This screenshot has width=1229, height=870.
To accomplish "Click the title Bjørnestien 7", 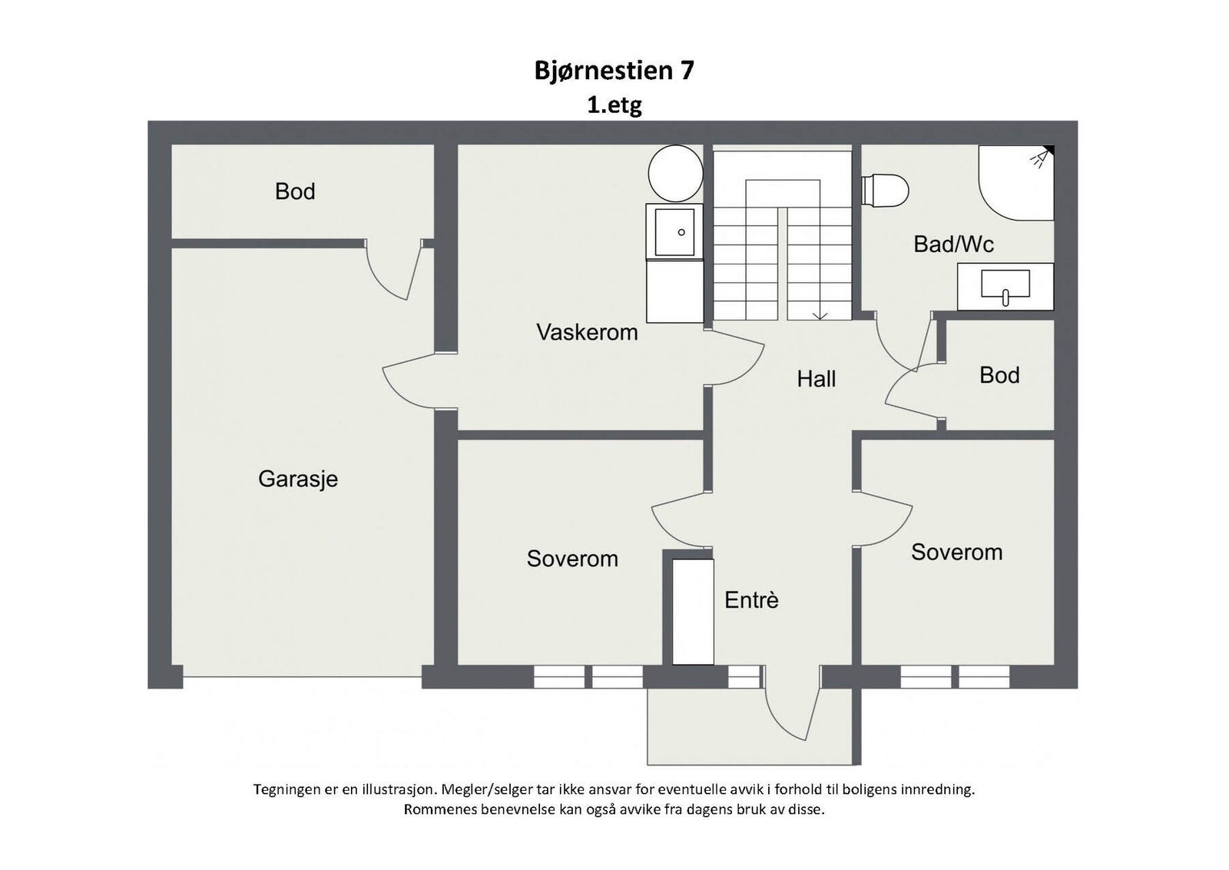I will tap(614, 71).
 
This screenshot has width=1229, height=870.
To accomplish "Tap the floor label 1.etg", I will tap(614, 105).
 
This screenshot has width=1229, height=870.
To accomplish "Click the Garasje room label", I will tap(298, 479).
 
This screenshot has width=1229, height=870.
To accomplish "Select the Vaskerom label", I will tap(587, 332).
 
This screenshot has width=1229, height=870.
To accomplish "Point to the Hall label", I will tap(816, 378).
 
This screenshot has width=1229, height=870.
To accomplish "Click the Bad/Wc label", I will tap(953, 244).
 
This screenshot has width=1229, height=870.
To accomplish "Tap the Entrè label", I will tap(751, 600).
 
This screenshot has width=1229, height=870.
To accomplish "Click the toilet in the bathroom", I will tap(886, 190).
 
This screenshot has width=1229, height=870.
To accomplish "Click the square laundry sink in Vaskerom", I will tap(674, 231).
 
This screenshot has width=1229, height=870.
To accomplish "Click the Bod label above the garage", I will tap(295, 191).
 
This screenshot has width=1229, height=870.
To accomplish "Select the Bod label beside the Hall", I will tap(999, 375).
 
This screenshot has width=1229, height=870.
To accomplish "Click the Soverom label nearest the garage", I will tap(572, 559).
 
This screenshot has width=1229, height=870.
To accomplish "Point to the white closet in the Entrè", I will tap(693, 612).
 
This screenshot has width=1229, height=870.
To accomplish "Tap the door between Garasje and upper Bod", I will tap(393, 271).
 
